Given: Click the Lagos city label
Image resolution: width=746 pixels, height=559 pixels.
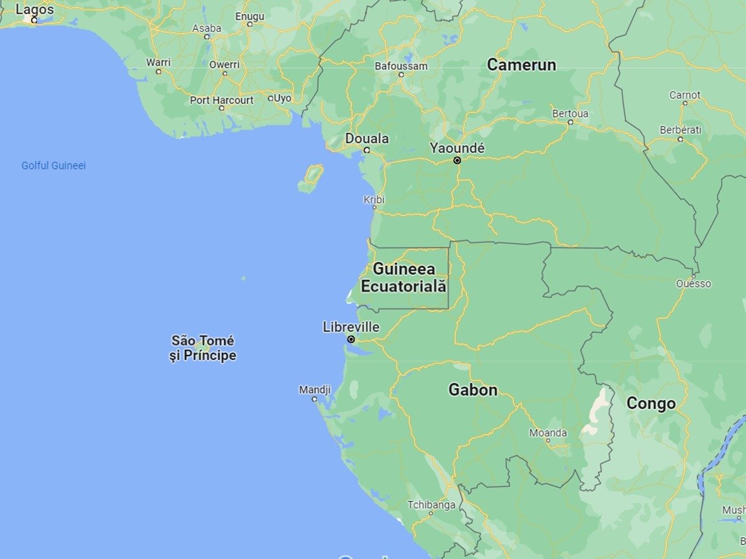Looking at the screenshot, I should point(35,10).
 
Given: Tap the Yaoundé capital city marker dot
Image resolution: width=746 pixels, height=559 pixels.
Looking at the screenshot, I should point(457,160).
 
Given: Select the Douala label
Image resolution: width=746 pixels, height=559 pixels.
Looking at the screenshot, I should point(367,139).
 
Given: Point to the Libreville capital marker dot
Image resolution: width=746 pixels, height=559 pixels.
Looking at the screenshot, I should point(351,340).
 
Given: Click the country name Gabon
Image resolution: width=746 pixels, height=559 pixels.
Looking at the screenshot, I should point(473,390).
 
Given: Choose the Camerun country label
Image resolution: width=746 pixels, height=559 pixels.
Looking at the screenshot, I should point(521,65).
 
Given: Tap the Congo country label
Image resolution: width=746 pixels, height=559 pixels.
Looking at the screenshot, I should point(651,404).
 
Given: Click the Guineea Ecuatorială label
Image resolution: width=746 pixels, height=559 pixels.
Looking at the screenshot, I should point(403,278).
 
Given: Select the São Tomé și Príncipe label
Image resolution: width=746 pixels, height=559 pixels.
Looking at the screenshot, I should point(203,348).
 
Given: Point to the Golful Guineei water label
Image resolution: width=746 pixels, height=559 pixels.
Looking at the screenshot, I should point(53,165).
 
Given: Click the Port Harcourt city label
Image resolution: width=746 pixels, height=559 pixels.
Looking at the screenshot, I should point(222,100).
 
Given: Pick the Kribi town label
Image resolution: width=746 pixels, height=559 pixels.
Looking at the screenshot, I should point(374,200).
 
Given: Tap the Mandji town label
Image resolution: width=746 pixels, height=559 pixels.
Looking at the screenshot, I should point(315,390).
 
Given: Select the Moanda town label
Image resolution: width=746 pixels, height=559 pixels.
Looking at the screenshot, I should point(548,433).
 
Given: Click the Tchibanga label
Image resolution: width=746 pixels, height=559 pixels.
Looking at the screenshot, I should point(431,505).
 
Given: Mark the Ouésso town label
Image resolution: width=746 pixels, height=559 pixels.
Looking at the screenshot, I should point(693,284).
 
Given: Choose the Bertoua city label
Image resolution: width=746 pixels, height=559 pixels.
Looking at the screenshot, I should point(570,114).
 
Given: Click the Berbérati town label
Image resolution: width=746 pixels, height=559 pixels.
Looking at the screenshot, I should point(680,130).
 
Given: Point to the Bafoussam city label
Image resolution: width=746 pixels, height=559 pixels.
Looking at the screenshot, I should point(401,66).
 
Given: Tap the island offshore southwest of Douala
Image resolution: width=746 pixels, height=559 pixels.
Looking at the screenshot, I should point(311,178).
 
